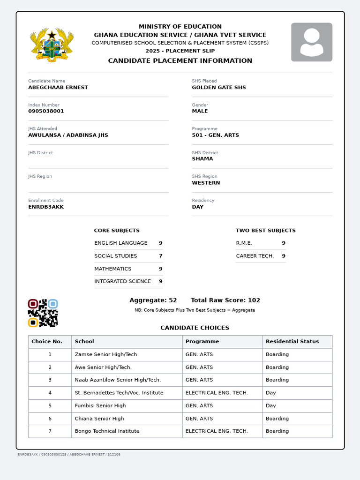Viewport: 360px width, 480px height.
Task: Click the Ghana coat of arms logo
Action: pos(52,45)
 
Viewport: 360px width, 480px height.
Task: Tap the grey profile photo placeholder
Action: pos(311,42)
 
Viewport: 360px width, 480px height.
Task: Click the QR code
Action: pos(43,313)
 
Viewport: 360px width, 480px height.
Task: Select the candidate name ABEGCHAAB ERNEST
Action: pos(58,88)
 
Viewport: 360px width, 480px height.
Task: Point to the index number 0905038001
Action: pos(46,112)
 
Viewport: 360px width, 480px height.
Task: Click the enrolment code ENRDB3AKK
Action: pos(46,207)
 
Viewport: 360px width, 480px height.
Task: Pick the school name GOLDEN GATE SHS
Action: pos(218,88)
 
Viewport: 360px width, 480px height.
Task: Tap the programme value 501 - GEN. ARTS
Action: pos(215,135)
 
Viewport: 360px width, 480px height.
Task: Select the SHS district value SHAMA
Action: pos(202,159)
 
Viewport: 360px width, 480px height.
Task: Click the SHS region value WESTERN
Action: pos(206,183)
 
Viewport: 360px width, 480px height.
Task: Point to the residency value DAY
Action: pos(197,207)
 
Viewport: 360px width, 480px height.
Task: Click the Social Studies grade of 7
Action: pos(160,256)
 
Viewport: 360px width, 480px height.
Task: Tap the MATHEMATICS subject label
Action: pos(112,269)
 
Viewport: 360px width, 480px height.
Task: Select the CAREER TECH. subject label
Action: pos(255,256)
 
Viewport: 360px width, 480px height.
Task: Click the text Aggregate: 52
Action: pos(153,300)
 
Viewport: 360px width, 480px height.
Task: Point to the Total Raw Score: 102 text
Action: pos(225,300)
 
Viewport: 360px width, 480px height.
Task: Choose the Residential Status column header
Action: pos(292,342)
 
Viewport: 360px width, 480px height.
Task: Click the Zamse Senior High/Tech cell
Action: pos(106,355)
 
